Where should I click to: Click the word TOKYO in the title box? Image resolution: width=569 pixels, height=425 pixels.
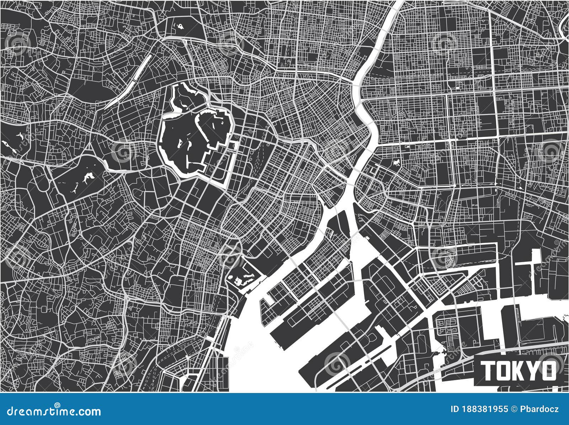(x=519, y=371)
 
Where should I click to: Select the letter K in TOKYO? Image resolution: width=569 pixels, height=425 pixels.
(x=519, y=371)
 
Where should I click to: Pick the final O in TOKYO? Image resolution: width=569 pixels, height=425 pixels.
(x=549, y=371)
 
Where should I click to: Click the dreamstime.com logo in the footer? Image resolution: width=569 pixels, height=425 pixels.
(x=50, y=411)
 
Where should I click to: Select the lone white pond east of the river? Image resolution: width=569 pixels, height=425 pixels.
(x=395, y=163)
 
